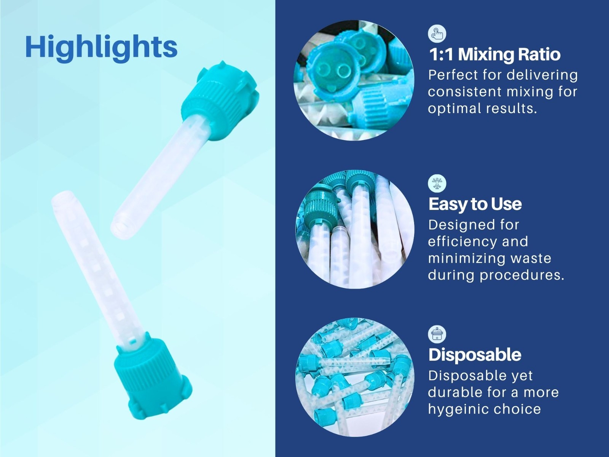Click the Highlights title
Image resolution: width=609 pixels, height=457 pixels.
pyautogui.click(x=101, y=47)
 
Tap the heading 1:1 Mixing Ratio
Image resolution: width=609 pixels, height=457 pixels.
pyautogui.click(x=494, y=54)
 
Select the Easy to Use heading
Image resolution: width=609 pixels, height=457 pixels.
pyautogui.click(x=475, y=204)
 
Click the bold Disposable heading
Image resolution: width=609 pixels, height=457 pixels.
pyautogui.click(x=475, y=355)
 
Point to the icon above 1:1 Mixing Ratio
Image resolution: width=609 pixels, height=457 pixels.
pyautogui.click(x=437, y=34)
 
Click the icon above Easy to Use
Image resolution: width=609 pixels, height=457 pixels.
pyautogui.click(x=437, y=184)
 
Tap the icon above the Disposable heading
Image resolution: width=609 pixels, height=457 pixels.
pyautogui.click(x=437, y=334)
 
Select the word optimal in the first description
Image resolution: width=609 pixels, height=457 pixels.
pyautogui.click(x=454, y=109)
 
